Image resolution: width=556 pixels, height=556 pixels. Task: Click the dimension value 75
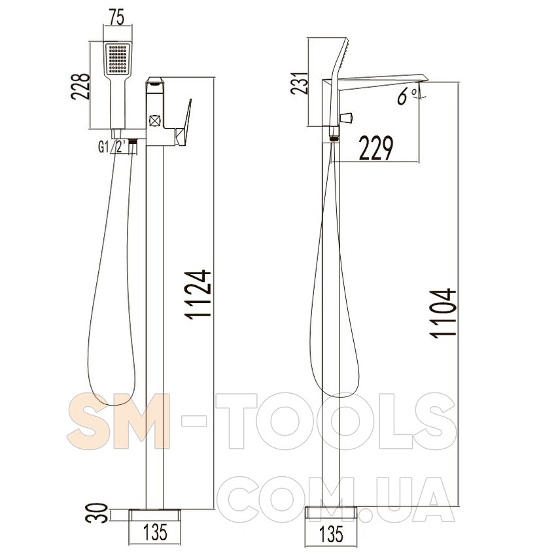[117, 18]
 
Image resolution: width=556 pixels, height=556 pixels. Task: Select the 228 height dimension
[80, 86]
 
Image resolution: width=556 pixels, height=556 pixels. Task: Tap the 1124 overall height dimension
[198, 295]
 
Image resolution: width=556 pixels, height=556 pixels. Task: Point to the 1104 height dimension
[443, 313]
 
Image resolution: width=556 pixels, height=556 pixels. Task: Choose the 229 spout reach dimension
[376, 148]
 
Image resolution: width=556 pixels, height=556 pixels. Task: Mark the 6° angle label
[407, 96]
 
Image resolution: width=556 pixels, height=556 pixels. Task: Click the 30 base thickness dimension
[97, 513]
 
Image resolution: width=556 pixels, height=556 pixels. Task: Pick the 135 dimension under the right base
[331, 534]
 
